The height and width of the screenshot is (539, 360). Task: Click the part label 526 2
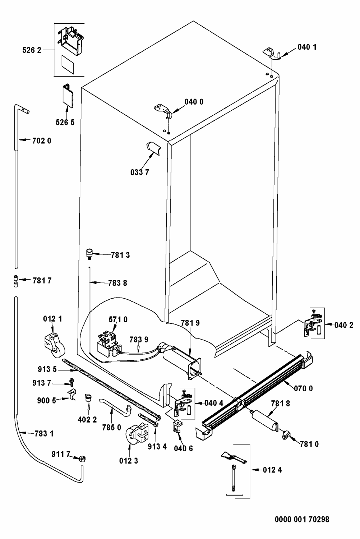pos(32,50)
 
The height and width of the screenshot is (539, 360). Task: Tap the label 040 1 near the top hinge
pos(307,47)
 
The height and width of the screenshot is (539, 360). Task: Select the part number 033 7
pos(139,172)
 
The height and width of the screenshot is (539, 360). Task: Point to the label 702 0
pos(42,140)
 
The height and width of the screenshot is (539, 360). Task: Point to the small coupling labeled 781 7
pos(16,281)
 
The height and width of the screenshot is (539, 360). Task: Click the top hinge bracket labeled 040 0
pos(163,110)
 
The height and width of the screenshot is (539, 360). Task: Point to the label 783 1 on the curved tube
pos(44,434)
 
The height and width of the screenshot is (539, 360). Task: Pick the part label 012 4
pos(272,470)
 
